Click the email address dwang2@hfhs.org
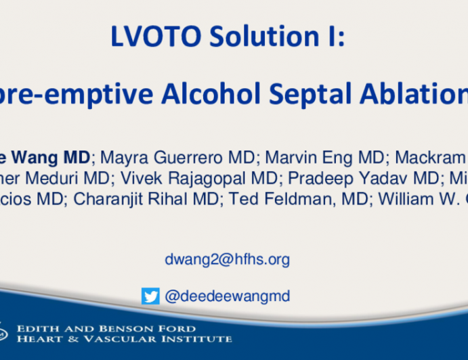click(227, 259)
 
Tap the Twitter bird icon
click(150, 296)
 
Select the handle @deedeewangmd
click(227, 296)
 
